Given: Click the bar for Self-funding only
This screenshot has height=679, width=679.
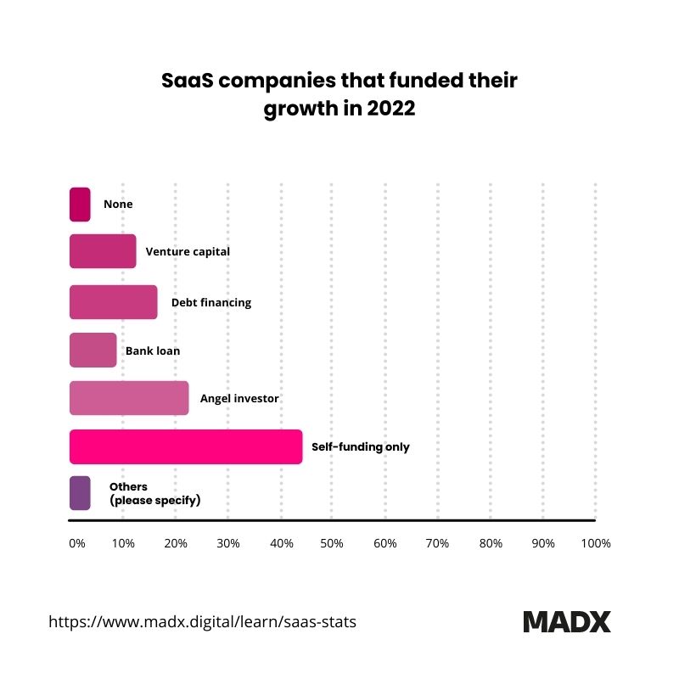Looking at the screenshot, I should (x=185, y=446).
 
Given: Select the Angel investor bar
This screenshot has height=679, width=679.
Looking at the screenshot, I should (x=128, y=398).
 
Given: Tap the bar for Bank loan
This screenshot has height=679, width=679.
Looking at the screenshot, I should (x=93, y=350).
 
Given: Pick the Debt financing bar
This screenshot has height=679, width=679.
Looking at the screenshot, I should (x=113, y=302).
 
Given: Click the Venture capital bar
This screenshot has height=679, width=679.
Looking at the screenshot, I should (x=102, y=252).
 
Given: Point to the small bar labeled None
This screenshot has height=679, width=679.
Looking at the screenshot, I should (x=80, y=205).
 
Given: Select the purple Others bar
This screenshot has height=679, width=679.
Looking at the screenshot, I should (x=80, y=493).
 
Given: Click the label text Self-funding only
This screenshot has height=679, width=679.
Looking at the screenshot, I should (x=360, y=446).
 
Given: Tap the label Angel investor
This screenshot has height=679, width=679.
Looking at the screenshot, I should (x=239, y=398).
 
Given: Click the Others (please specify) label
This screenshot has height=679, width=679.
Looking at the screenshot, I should (x=154, y=493).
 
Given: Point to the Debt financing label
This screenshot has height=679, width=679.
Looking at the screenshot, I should (x=211, y=302).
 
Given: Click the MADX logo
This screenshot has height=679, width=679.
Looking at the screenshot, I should (x=566, y=621).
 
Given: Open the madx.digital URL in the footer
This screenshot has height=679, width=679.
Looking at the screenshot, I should (x=202, y=621).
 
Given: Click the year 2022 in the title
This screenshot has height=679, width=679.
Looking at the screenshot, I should (x=390, y=109).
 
